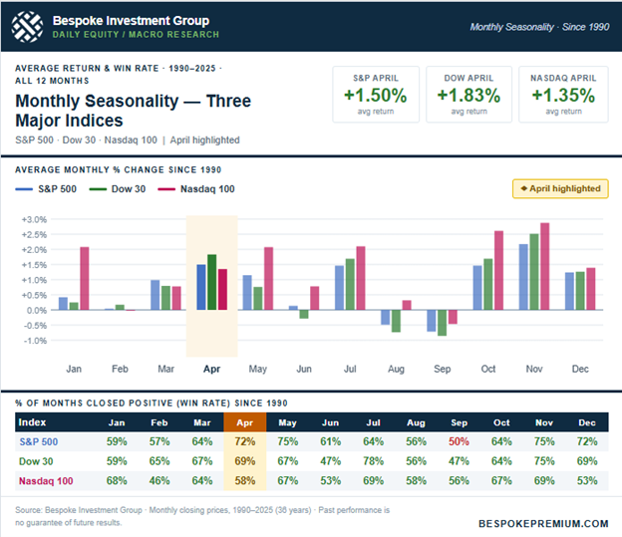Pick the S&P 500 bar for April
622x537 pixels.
[201, 287]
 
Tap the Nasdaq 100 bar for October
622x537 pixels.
[497, 270]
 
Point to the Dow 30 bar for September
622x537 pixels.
[442, 322]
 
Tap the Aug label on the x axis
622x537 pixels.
[396, 369]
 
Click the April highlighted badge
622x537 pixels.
[560, 188]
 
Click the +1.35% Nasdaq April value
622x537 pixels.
[562, 96]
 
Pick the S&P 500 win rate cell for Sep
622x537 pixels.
[459, 440]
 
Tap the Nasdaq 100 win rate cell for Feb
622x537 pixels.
[160, 482]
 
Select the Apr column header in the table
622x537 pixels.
[243, 421]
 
